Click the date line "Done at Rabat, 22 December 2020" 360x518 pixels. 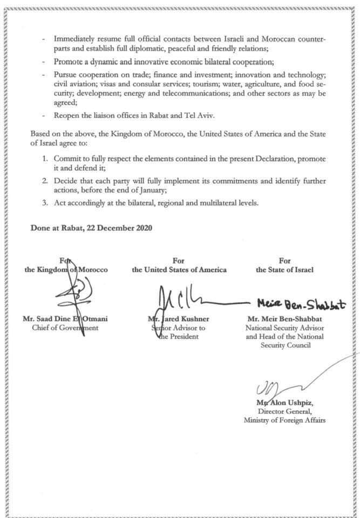(x=91, y=228)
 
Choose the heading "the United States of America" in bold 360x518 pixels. (x=179, y=269)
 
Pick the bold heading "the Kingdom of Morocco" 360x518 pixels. (x=66, y=269)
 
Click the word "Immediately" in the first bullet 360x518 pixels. (x=73, y=39)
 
